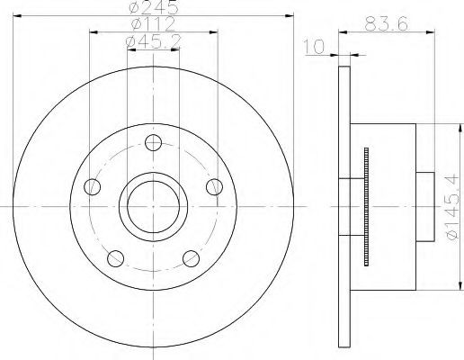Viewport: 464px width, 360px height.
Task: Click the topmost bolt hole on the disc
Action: pos(153,142)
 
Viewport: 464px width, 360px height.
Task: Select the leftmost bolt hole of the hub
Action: pos(90,187)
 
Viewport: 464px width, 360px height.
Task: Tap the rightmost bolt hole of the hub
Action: pos(214,186)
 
